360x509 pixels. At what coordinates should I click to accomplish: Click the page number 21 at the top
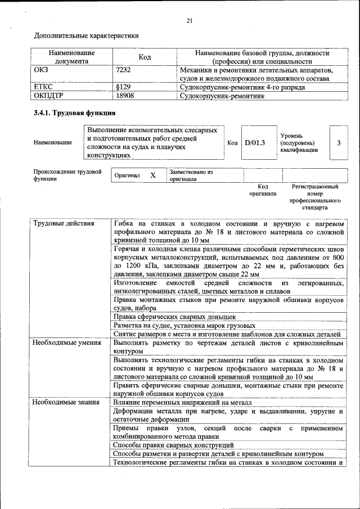(x=190, y=21)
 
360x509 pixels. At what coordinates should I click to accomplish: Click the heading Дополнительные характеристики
(x=86, y=36)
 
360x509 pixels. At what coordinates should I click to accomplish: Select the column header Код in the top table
(x=145, y=57)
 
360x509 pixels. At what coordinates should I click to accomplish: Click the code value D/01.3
(x=254, y=143)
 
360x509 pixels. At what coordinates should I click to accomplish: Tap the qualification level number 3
(x=339, y=143)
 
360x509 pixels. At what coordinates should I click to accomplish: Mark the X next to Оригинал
(x=152, y=175)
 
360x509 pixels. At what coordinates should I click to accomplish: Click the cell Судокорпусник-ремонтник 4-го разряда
(x=242, y=88)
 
